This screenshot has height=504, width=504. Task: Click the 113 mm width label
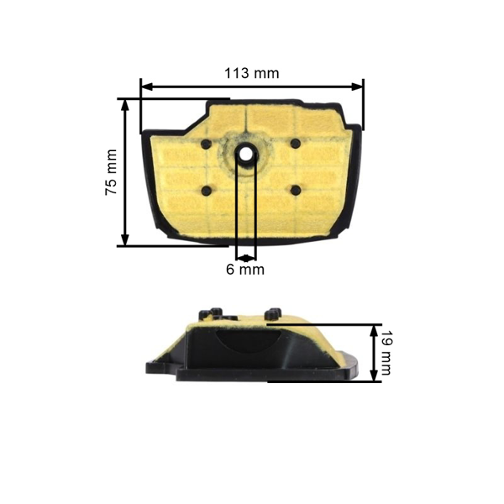252,73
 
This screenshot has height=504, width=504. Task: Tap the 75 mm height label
111,173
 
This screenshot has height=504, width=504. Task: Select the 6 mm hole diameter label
245,270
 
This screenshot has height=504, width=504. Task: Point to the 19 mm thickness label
387,353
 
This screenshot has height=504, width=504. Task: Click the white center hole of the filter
246,155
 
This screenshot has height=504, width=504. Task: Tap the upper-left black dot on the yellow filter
206,144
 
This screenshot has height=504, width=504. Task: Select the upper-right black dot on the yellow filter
295,144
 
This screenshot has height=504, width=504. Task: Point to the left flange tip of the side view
150,367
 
